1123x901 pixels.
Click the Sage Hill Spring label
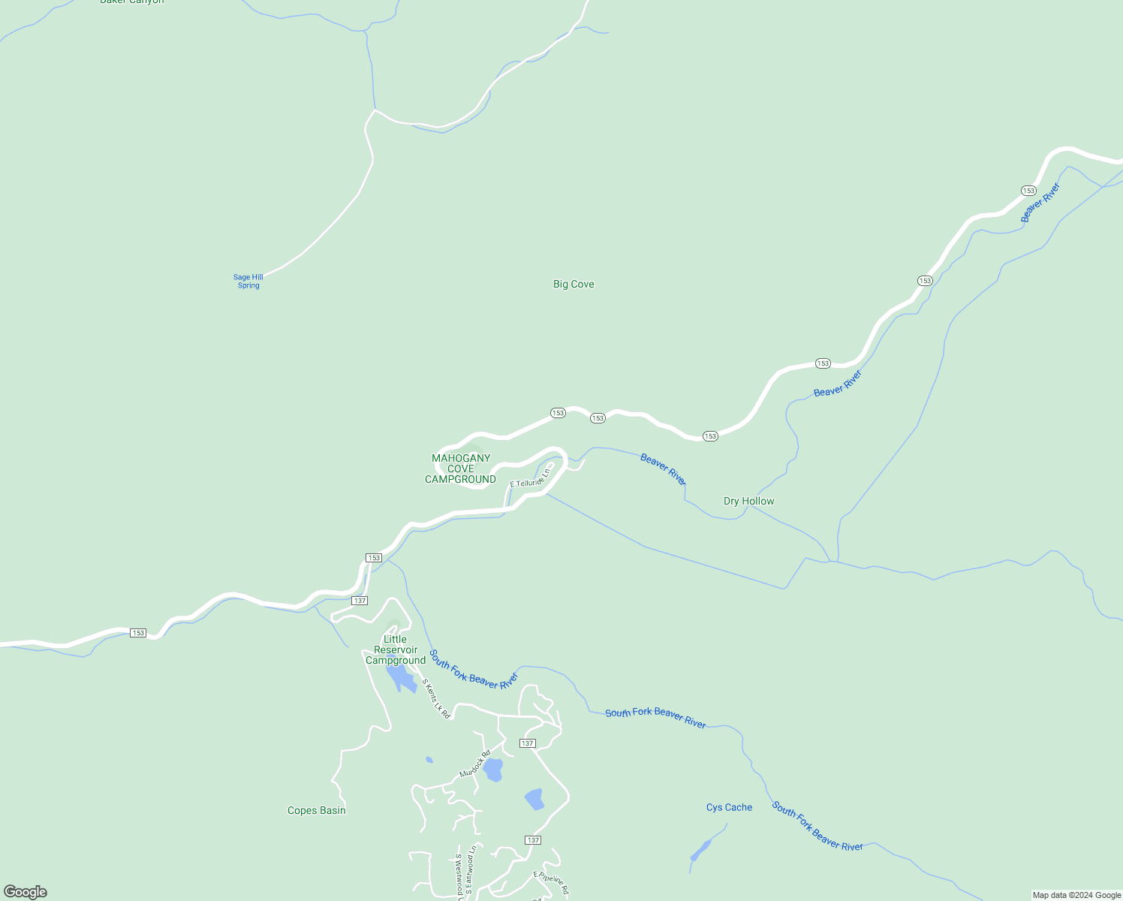[248, 282]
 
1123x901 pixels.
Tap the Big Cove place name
[574, 284]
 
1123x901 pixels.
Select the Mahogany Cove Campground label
[460, 469]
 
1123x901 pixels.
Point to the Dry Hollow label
[748, 501]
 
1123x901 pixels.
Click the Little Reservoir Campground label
[396, 650]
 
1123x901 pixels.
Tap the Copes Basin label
[317, 810]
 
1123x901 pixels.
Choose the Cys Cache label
[729, 807]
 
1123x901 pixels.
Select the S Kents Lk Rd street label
[436, 699]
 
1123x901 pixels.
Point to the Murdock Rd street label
[475, 764]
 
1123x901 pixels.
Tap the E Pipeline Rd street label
[551, 883]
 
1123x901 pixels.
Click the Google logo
[25, 892]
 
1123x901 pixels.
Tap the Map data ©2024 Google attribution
[1076, 895]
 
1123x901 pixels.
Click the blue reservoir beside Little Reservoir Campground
[402, 678]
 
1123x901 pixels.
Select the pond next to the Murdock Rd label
[492, 770]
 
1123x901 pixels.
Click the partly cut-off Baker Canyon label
[132, 2]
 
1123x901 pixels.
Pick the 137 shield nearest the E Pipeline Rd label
[533, 839]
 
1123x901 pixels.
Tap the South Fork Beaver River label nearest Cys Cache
[817, 827]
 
